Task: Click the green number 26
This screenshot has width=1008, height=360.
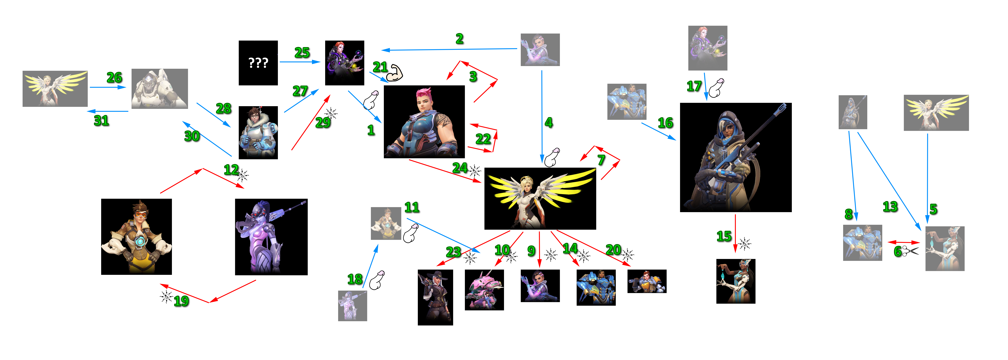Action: point(114,77)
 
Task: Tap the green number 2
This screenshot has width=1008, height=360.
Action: point(460,39)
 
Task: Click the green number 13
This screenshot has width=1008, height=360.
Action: point(890,206)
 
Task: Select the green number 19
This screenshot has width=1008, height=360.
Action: point(181,301)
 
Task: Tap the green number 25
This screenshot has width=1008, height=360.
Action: point(302,52)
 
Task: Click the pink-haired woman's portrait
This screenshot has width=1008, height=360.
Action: point(424,122)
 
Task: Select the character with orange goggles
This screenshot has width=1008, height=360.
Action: point(137,237)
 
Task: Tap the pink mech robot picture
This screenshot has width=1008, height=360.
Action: point(484,290)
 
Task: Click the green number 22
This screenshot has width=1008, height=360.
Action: point(483,139)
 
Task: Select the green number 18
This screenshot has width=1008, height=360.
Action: point(355,279)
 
